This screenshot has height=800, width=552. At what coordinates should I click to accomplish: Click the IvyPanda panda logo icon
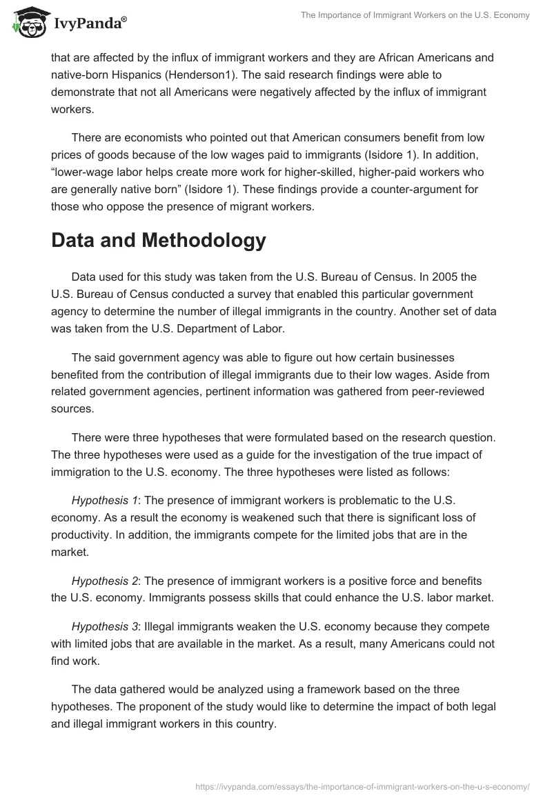28,23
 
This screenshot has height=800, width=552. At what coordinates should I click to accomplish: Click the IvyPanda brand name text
88,23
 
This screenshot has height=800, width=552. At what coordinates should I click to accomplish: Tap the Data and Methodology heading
158,240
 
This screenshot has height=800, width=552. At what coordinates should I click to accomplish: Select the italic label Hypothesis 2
101,581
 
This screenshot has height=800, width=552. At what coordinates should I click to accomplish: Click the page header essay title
415,15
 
